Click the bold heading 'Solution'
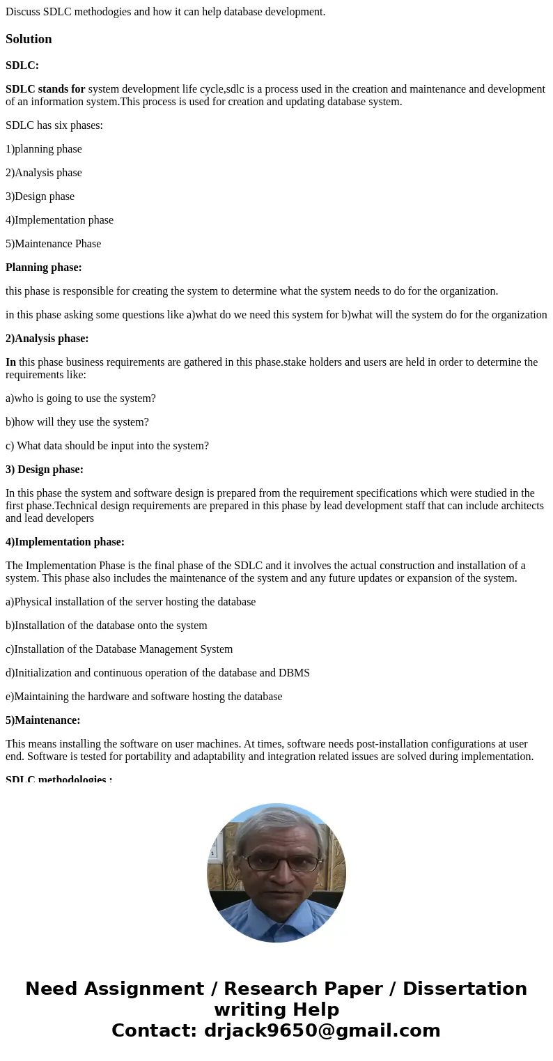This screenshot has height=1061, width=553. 29,39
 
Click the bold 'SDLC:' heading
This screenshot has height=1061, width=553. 22,65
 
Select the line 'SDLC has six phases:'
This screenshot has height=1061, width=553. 54,125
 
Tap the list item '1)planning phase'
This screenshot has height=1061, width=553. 44,149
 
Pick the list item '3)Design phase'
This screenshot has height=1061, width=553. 40,196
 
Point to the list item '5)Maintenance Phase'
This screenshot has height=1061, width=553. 54,244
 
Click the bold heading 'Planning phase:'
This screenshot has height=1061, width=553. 44,268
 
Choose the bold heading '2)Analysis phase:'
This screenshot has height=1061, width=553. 47,339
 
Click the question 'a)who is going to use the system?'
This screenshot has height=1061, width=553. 81,398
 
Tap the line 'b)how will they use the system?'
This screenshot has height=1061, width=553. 77,422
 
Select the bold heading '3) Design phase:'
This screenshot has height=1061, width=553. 45,470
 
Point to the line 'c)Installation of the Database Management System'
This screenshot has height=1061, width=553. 119,649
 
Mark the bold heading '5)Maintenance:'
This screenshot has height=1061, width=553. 43,720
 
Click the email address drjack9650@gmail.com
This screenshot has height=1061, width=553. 322,1030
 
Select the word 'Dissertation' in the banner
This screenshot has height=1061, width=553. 465,989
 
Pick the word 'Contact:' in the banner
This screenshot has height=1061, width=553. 155,1030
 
